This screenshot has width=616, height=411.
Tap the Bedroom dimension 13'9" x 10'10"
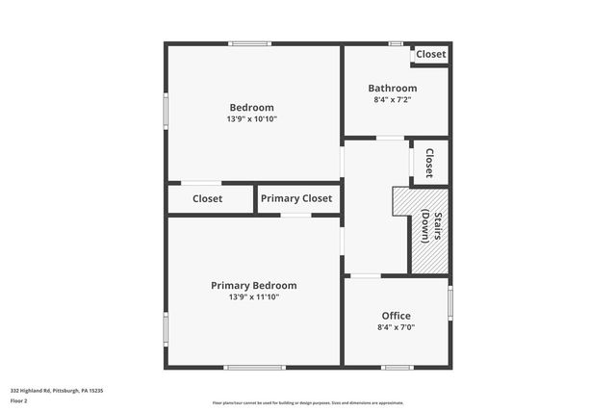coord(251,119)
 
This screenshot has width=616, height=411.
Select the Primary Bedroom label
coord(254,285)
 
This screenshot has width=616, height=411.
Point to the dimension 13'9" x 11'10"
coord(254,297)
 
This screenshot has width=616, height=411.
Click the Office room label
coord(396,316)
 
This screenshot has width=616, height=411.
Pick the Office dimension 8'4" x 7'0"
coord(396,327)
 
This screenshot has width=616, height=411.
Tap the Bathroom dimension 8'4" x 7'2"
coord(396,99)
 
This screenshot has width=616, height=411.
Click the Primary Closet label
coord(296,198)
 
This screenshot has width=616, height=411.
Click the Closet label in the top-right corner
coord(430,55)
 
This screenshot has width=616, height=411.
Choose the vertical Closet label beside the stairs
coord(429,162)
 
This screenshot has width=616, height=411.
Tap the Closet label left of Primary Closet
coord(207,198)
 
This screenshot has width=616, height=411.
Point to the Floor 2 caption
coord(19,399)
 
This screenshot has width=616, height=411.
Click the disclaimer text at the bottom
coord(308,402)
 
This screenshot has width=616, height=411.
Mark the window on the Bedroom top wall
coord(249,43)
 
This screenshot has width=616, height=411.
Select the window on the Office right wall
coord(449,303)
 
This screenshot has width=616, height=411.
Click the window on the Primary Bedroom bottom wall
coord(254,367)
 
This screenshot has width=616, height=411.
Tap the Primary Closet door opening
coord(295,215)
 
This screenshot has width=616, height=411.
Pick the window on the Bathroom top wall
coord(395,43)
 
